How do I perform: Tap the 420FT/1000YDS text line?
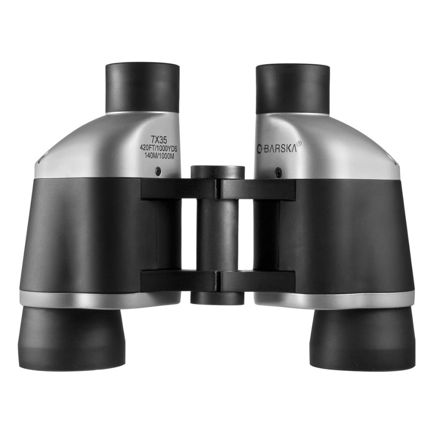coord(158,148)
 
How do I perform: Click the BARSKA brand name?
coord(280,149)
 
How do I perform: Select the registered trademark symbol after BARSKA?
coord(299,143)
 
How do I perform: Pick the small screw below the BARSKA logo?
coord(279,171)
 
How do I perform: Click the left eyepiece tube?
coord(142,89)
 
